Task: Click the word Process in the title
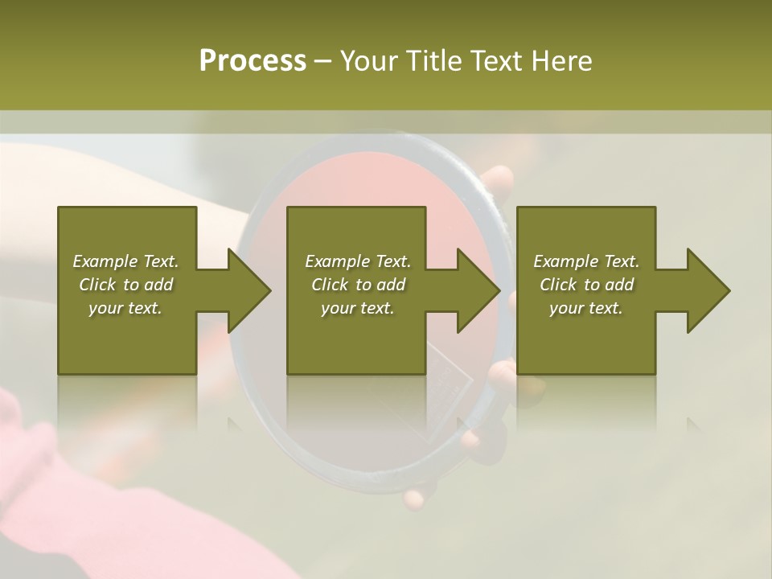tap(253, 61)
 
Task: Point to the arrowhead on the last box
tap(707, 290)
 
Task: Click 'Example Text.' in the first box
tap(125, 261)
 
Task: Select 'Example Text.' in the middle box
tap(358, 261)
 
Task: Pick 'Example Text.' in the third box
tap(586, 261)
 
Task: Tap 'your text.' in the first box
tap(125, 308)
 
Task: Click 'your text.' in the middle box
tap(358, 308)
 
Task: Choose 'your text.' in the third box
tap(586, 308)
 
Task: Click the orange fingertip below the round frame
tap(413, 499)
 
